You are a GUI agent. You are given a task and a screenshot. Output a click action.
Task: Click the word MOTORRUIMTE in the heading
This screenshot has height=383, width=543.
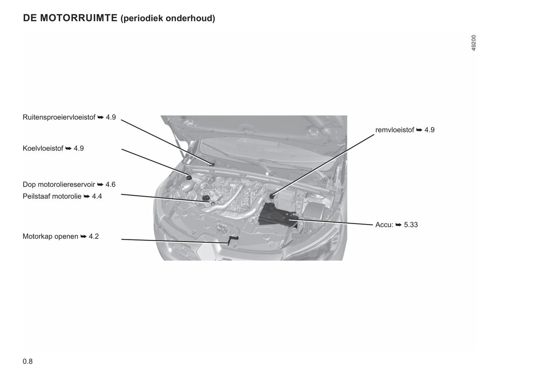(x=79, y=18)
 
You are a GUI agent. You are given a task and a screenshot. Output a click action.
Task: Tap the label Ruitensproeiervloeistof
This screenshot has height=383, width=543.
(x=59, y=117)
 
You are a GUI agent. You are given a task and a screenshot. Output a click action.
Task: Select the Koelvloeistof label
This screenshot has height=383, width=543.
(x=43, y=148)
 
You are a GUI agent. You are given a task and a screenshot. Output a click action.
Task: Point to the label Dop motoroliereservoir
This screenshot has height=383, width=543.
(x=59, y=185)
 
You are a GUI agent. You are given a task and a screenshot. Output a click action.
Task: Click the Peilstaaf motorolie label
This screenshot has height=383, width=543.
(x=52, y=196)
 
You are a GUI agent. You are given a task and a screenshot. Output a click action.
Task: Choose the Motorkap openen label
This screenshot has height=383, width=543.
(x=50, y=236)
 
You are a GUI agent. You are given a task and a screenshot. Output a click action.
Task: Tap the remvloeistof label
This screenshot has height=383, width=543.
(x=395, y=130)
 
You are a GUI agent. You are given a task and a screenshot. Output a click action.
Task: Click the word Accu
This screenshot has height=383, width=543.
(x=383, y=225)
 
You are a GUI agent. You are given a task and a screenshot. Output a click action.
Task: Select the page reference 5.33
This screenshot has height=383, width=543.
(x=411, y=225)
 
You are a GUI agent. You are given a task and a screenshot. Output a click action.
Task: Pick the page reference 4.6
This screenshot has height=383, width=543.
(x=110, y=185)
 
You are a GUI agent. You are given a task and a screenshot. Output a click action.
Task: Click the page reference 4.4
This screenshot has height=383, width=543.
(x=97, y=196)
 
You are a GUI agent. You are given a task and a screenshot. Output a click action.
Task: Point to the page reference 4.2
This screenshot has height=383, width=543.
(x=94, y=236)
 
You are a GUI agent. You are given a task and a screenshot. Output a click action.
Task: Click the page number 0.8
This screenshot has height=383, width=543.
(x=28, y=362)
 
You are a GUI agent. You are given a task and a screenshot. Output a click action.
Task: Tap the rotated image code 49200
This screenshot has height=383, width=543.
(x=474, y=43)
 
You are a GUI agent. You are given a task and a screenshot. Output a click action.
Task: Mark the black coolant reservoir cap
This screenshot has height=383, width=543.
(x=189, y=178)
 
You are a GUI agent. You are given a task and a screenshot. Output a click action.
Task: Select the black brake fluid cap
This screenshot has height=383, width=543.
(x=272, y=196)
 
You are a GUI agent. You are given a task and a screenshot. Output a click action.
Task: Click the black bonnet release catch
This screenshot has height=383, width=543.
(x=232, y=239)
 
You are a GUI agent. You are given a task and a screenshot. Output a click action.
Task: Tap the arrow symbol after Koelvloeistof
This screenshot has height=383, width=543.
(x=68, y=148)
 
